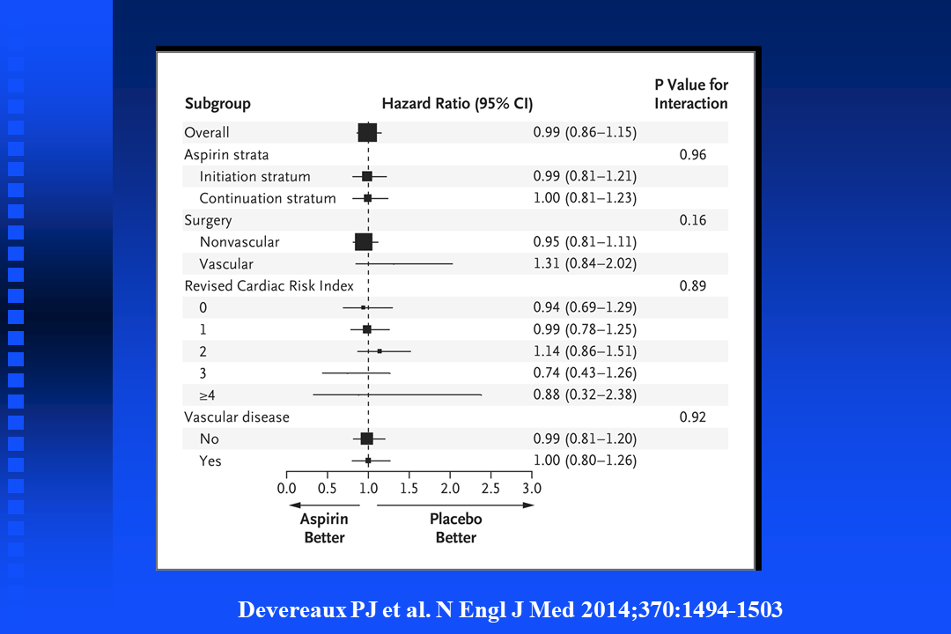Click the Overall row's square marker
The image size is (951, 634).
coord(367,132)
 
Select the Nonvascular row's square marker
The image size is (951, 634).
coord(363,241)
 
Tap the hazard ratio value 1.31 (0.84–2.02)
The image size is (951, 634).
coord(585,263)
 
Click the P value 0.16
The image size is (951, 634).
coord(693,220)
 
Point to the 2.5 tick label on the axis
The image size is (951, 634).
coord(490,487)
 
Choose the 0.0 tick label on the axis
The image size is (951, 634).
coord(286,487)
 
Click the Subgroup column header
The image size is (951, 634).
coord(217,103)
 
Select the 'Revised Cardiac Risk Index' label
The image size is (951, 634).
coord(269,285)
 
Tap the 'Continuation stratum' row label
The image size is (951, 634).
coord(268,198)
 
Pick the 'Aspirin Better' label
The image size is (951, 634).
coord(324,528)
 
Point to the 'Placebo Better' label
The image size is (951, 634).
coord(455,528)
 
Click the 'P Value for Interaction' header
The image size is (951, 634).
coord(691,94)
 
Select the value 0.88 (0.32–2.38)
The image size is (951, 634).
coord(585,394)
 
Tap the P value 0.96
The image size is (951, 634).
coord(693,154)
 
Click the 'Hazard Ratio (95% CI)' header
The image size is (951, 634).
coord(457,103)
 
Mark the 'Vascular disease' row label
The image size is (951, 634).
coord(236,417)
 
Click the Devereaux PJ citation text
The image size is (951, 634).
coord(510,609)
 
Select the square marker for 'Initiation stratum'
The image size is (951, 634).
coord(367,176)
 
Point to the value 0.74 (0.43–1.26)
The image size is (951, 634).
coord(585,372)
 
